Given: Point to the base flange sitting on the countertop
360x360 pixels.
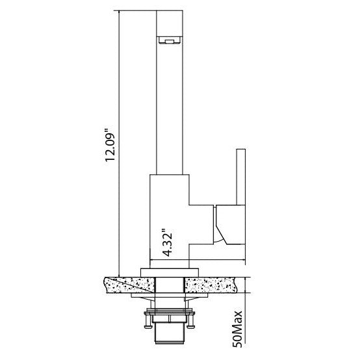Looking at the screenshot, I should click(x=171, y=271).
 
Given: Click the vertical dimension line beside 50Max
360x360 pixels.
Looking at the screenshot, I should click(x=246, y=318).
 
